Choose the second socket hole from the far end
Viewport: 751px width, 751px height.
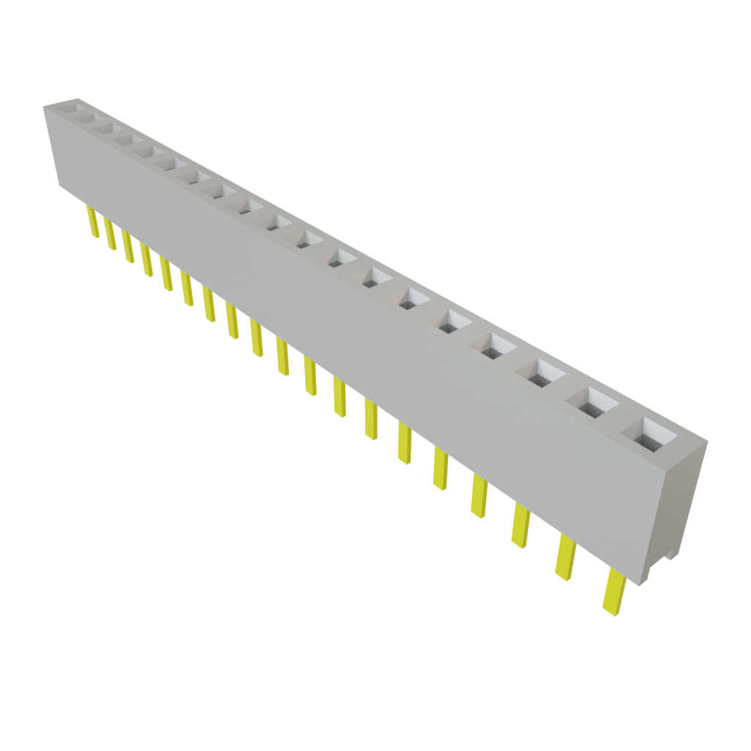point(84,117)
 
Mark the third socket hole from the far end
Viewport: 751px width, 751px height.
point(103,128)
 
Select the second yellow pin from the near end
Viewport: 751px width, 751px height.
point(565,557)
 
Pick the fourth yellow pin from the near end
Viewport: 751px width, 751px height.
point(479,495)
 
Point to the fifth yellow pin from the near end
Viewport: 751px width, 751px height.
point(441,469)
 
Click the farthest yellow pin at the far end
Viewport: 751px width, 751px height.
point(92,222)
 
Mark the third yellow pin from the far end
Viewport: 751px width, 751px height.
point(128,248)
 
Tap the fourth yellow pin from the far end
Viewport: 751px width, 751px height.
point(147,261)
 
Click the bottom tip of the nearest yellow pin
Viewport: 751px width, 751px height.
point(608,611)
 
